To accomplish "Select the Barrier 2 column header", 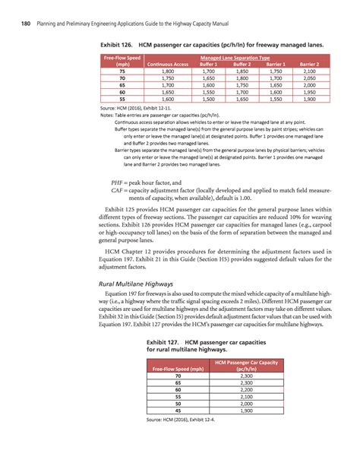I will click(x=308, y=65).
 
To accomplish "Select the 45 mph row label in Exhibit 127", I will click(x=178, y=411).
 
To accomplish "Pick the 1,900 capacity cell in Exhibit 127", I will click(x=245, y=411).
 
